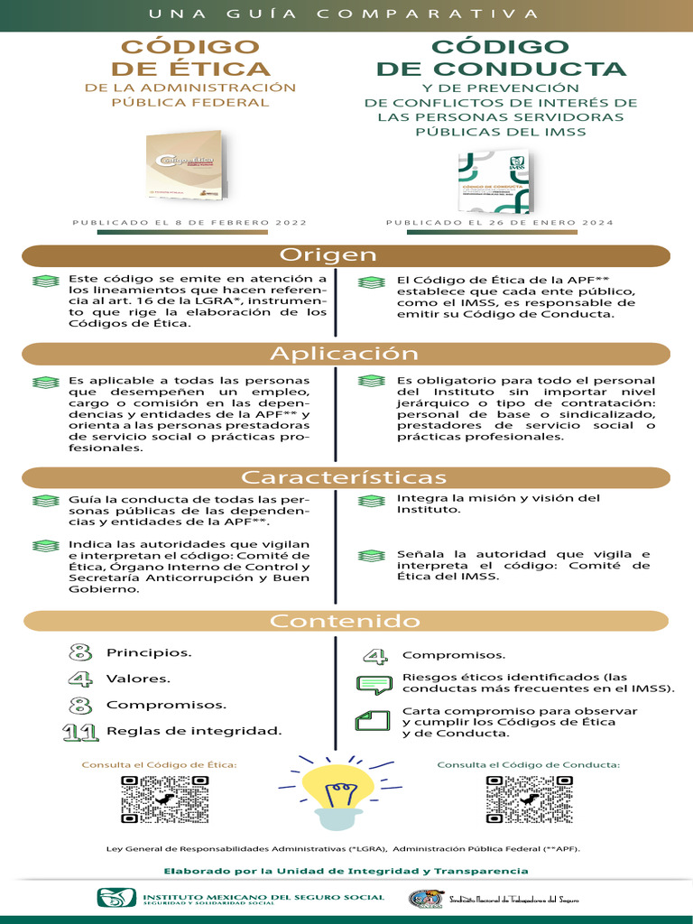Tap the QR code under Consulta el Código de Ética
point(164,799)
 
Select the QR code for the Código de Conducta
point(529,799)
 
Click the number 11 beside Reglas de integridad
point(80,731)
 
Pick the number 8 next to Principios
point(80,652)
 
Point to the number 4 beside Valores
point(80,679)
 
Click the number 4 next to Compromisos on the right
point(375,655)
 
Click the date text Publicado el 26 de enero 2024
point(499,222)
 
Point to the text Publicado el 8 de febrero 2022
point(189,222)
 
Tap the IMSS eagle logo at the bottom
point(119,898)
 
